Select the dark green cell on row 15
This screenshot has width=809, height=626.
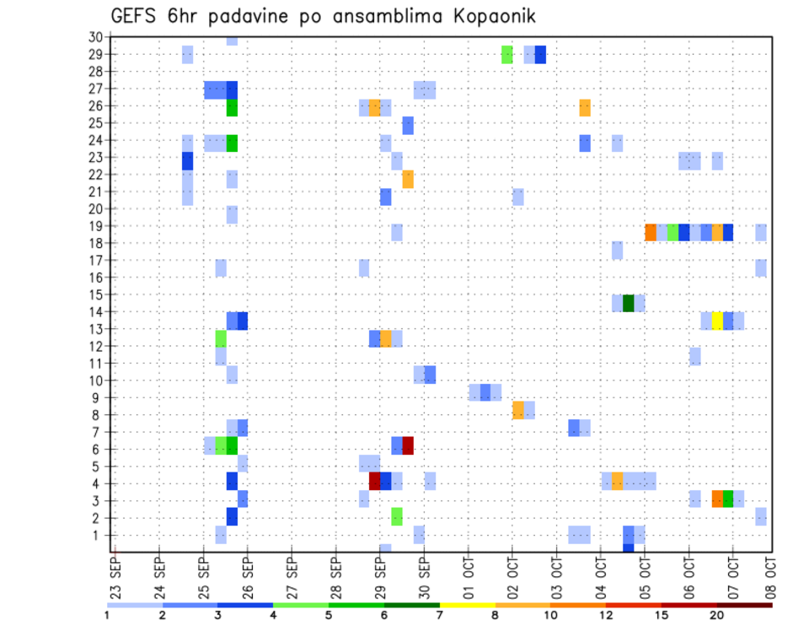(x=628, y=303)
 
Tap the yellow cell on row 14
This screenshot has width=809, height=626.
(x=717, y=321)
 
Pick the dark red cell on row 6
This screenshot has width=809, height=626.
(x=408, y=445)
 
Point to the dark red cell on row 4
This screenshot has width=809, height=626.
(x=375, y=481)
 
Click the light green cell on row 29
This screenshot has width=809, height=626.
(x=506, y=54)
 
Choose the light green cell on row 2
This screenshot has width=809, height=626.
(x=397, y=515)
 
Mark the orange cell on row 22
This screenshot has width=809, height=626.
(x=408, y=179)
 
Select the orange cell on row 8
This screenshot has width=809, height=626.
(x=517, y=410)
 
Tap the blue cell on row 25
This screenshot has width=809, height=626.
(x=408, y=126)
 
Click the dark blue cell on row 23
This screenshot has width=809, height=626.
(x=187, y=160)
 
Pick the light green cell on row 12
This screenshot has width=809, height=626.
(x=221, y=338)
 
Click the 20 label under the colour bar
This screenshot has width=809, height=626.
(x=717, y=615)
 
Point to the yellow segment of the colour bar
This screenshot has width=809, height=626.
(x=467, y=605)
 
